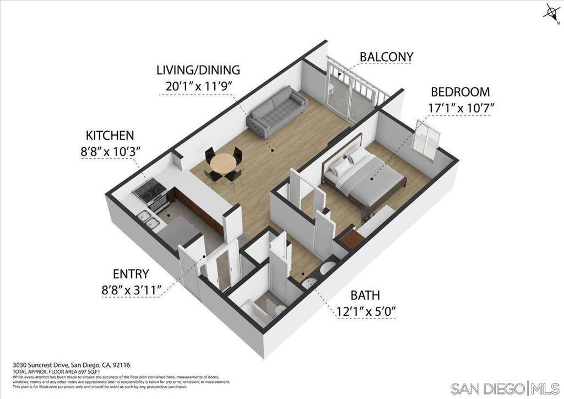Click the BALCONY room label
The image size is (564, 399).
tap(386, 57)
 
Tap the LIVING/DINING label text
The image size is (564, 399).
tap(198, 71)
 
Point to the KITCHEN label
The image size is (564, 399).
tap(110, 136)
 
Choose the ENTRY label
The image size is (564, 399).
tap(132, 274)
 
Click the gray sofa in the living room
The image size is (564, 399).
tap(276, 111)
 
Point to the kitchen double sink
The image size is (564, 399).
tap(148, 219)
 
